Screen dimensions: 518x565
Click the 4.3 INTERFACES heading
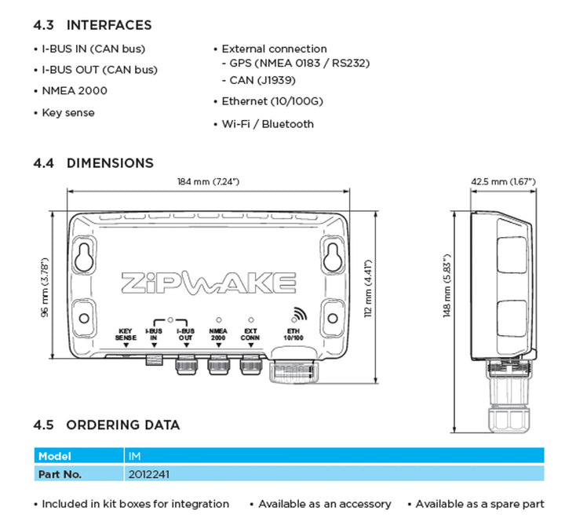pyautogui.click(x=93, y=26)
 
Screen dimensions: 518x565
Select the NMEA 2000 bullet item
pyautogui.click(x=75, y=91)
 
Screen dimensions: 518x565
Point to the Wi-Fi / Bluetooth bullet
pyautogui.click(x=267, y=124)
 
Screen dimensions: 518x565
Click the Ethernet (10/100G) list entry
pyautogui.click(x=272, y=101)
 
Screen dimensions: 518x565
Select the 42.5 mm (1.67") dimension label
pyautogui.click(x=502, y=182)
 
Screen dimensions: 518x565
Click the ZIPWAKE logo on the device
pyautogui.click(x=208, y=281)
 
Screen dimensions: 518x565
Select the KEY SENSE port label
pyautogui.click(x=126, y=335)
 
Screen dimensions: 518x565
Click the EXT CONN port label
pyautogui.click(x=250, y=335)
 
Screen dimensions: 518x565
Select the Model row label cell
pyautogui.click(x=55, y=456)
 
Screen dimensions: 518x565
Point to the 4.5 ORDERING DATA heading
pyautogui.click(x=107, y=425)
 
